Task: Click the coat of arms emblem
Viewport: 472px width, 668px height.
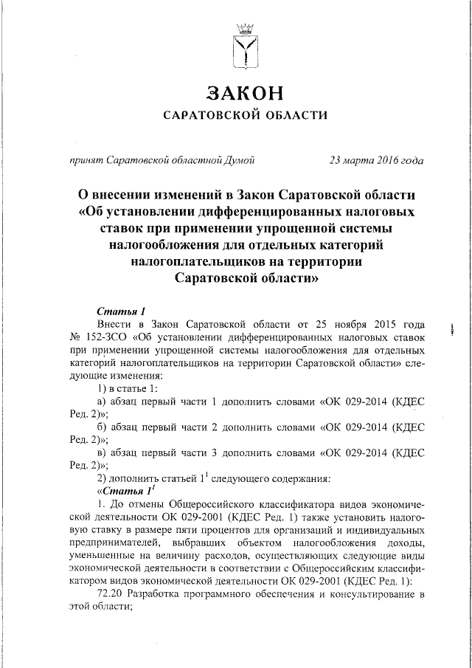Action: click(243, 47)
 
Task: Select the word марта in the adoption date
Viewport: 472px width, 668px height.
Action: click(358, 159)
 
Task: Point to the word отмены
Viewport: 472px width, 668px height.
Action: click(139, 504)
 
